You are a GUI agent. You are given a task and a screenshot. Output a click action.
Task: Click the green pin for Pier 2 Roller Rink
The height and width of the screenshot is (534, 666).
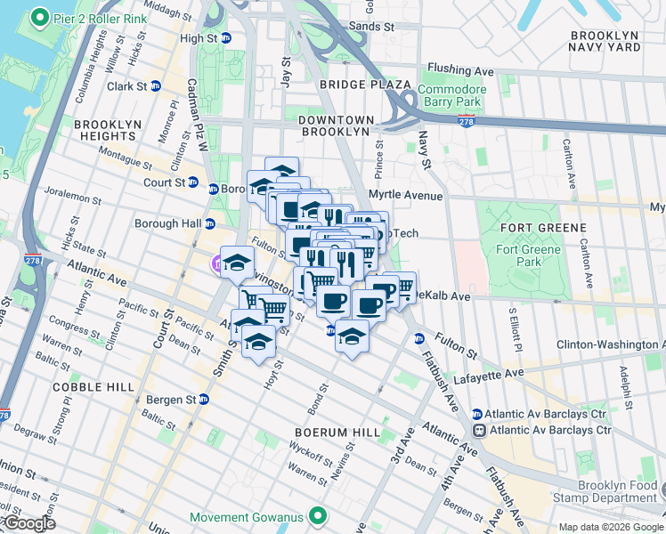pyautogui.click(x=39, y=18)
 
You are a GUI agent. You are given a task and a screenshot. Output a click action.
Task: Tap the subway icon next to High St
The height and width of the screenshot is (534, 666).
pyautogui.click(x=226, y=38)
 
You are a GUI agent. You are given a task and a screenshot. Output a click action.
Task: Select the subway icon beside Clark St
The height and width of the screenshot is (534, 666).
pyautogui.click(x=156, y=86)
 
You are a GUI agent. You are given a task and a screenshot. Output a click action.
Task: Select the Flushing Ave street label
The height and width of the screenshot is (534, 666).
pyautogui.click(x=459, y=69)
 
